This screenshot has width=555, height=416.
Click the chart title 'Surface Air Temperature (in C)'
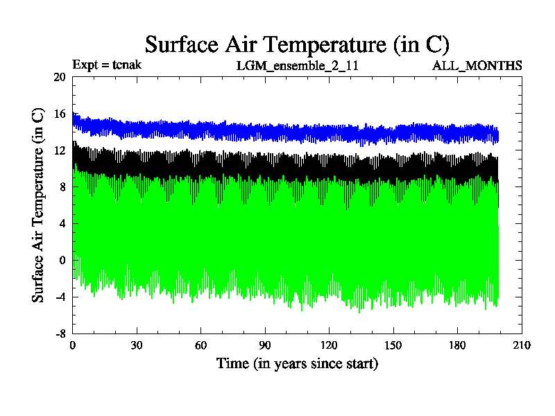[297, 44]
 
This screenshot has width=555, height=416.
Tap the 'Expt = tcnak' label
[107, 65]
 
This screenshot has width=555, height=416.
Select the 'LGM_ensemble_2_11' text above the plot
[298, 66]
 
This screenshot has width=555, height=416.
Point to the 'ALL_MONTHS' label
[477, 66]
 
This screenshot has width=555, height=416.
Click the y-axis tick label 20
[59, 78]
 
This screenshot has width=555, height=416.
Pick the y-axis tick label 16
[59, 114]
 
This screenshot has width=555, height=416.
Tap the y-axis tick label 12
[59, 150]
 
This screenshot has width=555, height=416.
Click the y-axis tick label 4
[62, 223]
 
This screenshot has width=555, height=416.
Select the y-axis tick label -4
[60, 297]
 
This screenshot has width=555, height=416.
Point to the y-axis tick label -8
[60, 333]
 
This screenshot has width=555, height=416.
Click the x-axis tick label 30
[137, 345]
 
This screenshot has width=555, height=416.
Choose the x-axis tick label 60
[200, 345]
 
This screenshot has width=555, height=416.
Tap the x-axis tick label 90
[264, 345]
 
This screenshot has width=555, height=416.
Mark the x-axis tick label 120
[329, 345]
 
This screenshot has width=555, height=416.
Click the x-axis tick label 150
[393, 345]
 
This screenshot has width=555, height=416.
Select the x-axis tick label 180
[457, 345]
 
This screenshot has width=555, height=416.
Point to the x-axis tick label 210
[521, 345]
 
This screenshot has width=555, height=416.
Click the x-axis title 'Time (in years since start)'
[297, 363]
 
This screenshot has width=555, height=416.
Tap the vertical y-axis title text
[39, 205]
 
